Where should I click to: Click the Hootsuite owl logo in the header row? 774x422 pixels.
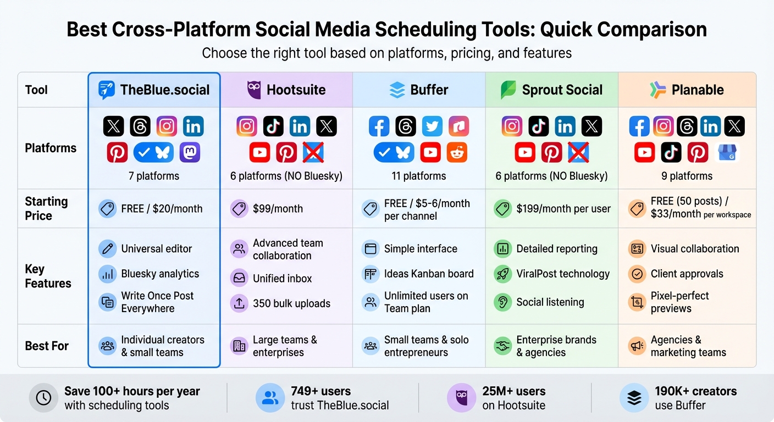[253, 90]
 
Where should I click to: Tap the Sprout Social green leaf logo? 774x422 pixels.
[508, 90]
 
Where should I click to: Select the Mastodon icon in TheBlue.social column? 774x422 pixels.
[190, 152]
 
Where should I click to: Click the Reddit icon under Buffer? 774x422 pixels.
[457, 152]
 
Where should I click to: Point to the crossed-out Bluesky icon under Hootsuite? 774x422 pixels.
[313, 152]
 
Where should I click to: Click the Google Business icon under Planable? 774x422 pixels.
[728, 152]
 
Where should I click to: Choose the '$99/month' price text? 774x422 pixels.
[278, 209]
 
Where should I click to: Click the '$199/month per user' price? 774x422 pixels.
[563, 209]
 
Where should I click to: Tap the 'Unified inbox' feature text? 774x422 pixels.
[282, 279]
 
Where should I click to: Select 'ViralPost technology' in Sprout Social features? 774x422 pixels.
[563, 274]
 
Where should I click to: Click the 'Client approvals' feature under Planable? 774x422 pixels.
[687, 274]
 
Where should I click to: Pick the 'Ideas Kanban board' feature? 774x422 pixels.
[429, 274]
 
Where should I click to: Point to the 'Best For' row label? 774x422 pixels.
[47, 346]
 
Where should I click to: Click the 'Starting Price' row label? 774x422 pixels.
[46, 209]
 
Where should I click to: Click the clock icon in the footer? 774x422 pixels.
[43, 398]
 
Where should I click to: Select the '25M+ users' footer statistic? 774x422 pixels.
[513, 391]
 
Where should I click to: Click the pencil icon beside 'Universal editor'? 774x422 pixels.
[108, 249]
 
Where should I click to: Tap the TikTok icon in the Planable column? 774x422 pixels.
[671, 152]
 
